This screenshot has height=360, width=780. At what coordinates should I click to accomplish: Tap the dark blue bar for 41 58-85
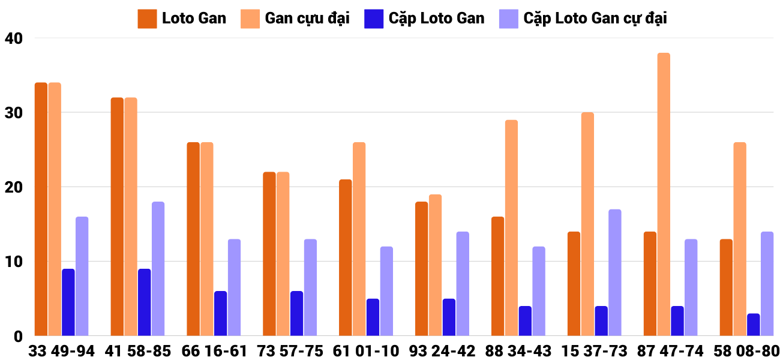click(144, 302)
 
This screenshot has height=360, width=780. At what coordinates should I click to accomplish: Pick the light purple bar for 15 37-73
click(615, 272)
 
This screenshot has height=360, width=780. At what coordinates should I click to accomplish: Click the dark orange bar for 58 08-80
click(726, 287)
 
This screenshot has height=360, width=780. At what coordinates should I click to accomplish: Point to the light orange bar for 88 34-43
click(511, 228)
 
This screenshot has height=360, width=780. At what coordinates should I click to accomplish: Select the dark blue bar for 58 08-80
click(754, 325)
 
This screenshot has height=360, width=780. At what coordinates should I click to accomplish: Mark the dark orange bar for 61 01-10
click(345, 257)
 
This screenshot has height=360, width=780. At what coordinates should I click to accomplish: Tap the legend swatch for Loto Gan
click(147, 19)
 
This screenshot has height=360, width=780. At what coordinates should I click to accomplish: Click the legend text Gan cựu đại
click(307, 19)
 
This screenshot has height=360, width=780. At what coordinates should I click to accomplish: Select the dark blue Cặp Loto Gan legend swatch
click(373, 19)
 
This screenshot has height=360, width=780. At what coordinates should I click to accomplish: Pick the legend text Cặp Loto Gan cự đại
click(595, 19)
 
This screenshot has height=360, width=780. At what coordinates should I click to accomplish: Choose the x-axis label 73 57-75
click(290, 351)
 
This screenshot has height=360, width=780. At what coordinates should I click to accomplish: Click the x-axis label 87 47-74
click(670, 351)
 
